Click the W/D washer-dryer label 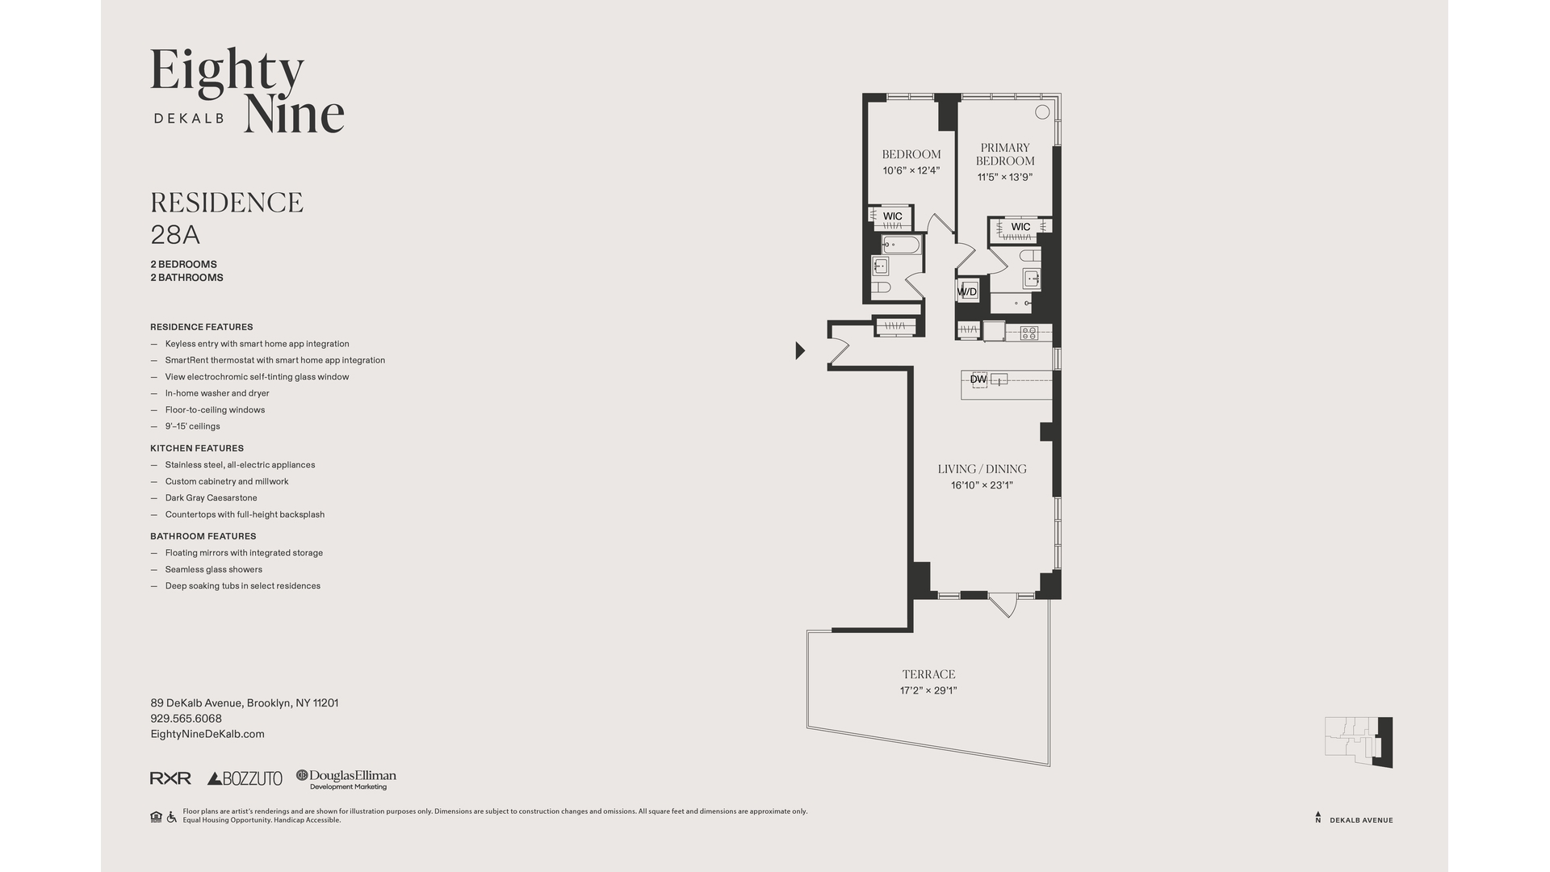966,291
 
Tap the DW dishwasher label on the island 978,379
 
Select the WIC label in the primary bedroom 1020,227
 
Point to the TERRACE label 928,674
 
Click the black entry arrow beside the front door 800,350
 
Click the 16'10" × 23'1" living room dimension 982,485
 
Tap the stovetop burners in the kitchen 1028,332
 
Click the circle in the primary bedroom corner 1042,112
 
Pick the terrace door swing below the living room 1003,605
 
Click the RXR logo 170,778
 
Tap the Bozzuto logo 245,778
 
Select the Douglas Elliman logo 346,779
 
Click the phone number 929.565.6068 186,719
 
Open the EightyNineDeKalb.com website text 207,734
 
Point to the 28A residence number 175,235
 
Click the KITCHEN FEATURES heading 196,448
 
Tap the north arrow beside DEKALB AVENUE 1318,817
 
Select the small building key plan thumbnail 1359,741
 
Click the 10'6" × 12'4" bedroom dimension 911,170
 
